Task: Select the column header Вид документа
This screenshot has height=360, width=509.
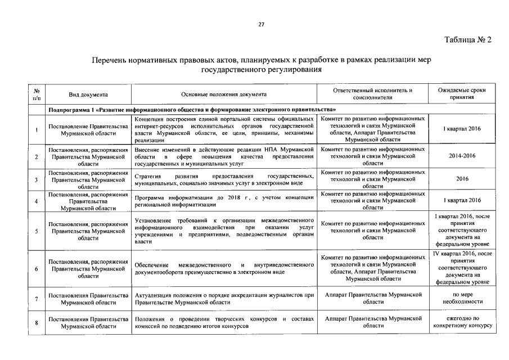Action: coord(88,94)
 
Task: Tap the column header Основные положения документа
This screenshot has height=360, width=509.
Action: coord(224,94)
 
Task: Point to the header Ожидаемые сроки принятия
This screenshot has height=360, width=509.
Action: coord(461,94)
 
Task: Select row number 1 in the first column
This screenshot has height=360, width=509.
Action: coord(37,130)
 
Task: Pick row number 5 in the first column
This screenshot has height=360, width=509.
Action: coord(37,231)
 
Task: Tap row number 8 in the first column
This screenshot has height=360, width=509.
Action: coord(37,322)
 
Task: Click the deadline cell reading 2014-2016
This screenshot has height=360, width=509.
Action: coord(461,157)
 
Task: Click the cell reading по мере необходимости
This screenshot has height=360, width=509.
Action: coord(461,298)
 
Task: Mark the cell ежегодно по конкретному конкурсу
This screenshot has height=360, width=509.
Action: coord(461,322)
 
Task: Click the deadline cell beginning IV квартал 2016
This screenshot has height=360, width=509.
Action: coord(461,268)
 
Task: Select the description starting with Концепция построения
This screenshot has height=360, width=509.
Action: coord(224,130)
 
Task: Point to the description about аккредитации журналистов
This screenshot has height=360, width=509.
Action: coord(224,298)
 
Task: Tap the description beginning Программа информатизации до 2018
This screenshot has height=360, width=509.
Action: coord(224,201)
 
